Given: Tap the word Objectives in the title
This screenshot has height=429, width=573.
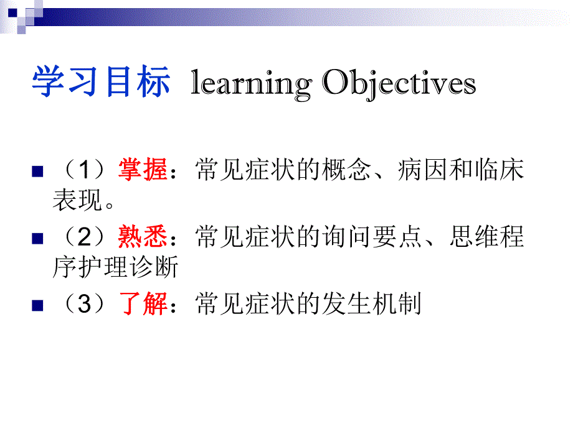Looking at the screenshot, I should (x=399, y=85).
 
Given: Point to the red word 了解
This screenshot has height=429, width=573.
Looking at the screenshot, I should (x=143, y=305).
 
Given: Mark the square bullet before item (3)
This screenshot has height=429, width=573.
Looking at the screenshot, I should (x=37, y=306).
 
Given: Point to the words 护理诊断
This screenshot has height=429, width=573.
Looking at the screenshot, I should (x=128, y=268).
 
